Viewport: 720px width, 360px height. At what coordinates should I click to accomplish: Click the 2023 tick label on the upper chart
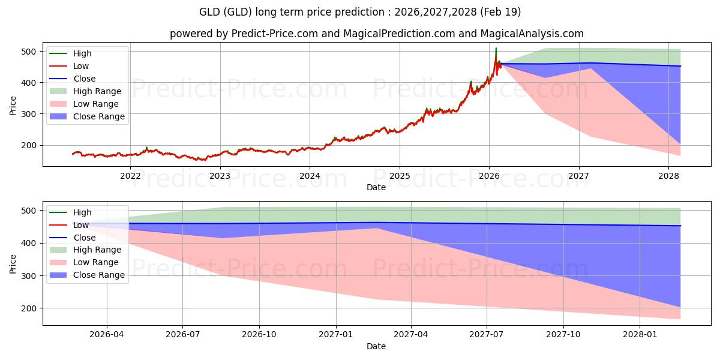(220, 176)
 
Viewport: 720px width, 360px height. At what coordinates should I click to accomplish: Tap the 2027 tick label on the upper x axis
(579, 176)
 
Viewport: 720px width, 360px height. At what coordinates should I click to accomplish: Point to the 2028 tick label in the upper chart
(669, 176)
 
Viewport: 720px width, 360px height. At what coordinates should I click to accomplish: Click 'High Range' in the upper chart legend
(97, 91)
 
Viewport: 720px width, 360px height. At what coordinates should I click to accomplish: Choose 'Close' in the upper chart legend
(85, 79)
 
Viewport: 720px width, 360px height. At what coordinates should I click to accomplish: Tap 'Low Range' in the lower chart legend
(96, 262)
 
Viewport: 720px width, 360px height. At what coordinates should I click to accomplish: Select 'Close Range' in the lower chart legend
(99, 275)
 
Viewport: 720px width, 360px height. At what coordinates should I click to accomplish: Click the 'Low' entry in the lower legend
(81, 225)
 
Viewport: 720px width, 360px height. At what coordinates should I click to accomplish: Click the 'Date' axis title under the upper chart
(376, 187)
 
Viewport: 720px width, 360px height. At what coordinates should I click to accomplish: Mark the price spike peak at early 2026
(496, 48)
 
